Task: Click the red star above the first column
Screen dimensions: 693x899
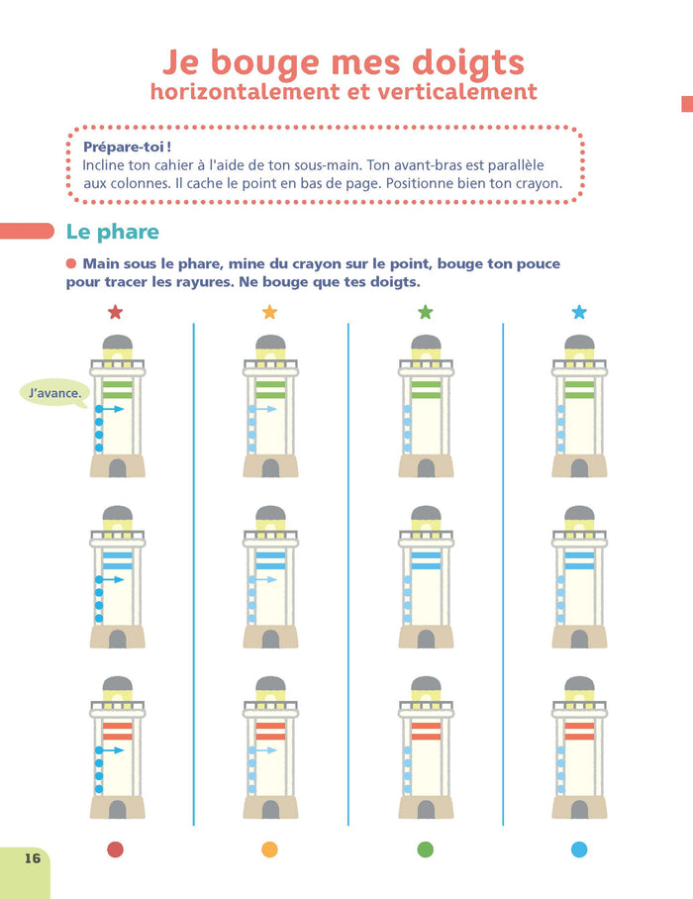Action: pyautogui.click(x=115, y=312)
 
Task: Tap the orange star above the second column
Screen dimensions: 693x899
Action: pyautogui.click(x=269, y=312)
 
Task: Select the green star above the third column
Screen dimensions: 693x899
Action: pyautogui.click(x=426, y=312)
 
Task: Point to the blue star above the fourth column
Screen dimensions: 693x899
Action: pyautogui.click(x=579, y=312)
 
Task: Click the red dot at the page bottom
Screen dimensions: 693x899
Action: pyautogui.click(x=115, y=849)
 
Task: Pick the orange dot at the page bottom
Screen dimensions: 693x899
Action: pyautogui.click(x=269, y=849)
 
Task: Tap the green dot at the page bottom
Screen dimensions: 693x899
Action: pyautogui.click(x=426, y=849)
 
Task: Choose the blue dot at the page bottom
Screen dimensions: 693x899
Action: pyautogui.click(x=579, y=849)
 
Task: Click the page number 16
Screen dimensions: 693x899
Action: pyautogui.click(x=33, y=858)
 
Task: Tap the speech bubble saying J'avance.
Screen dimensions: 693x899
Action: pyautogui.click(x=54, y=393)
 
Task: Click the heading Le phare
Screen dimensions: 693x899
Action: pyautogui.click(x=112, y=232)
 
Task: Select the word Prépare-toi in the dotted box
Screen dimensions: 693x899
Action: pyautogui.click(x=125, y=147)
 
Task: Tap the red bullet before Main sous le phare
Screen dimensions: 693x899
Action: pyautogui.click(x=71, y=263)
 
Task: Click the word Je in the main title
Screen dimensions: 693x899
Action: pyautogui.click(x=180, y=62)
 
